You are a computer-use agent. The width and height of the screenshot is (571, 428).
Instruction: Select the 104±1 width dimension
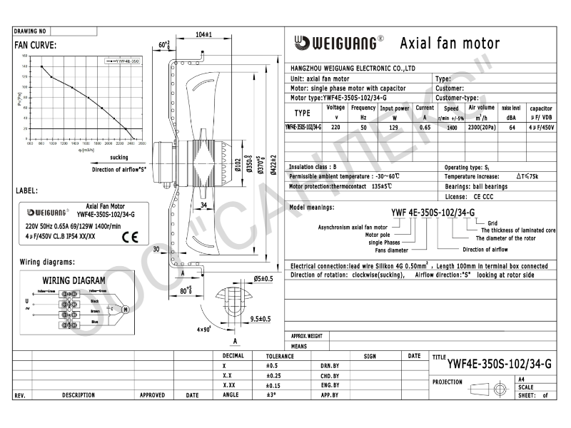203,34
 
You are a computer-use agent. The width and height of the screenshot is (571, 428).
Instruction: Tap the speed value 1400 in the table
452,127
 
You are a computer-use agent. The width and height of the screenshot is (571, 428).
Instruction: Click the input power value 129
394,127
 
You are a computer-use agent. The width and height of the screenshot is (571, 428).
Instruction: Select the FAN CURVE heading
35,45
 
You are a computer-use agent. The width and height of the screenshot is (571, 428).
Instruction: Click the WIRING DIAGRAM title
74,280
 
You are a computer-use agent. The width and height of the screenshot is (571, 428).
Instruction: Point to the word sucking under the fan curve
120,156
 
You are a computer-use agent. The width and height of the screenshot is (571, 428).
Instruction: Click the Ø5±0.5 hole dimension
264,278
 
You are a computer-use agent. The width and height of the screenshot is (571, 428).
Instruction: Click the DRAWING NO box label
30,32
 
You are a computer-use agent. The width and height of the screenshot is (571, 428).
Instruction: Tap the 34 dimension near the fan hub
203,205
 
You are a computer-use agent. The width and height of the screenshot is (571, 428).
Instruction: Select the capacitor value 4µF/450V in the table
540,127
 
